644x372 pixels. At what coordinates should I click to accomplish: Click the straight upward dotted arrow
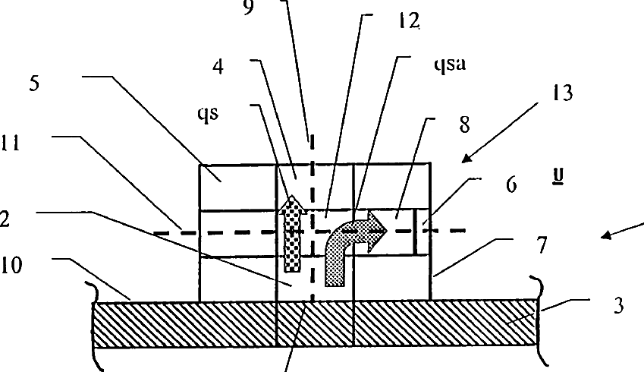[291, 235]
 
